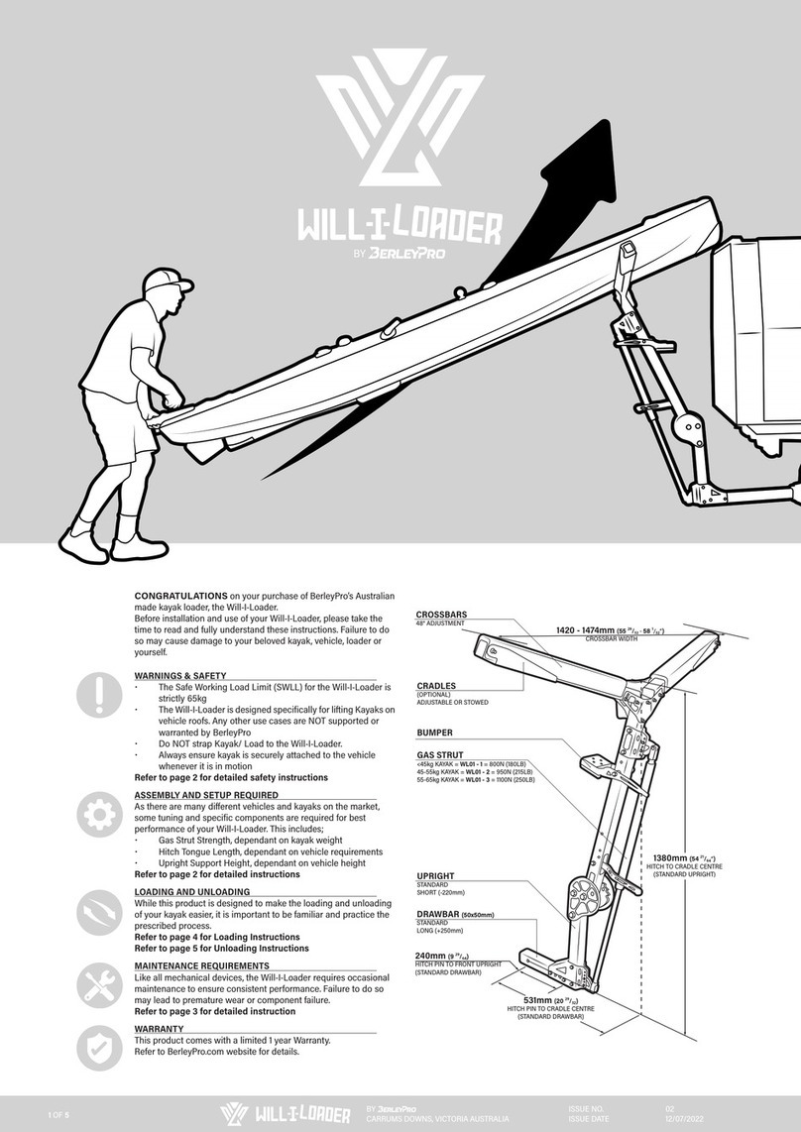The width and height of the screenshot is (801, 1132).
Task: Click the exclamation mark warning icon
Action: coord(99,695)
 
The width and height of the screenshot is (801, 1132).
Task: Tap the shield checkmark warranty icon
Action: coord(99,1050)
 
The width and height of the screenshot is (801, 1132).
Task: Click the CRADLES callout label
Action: coord(437,685)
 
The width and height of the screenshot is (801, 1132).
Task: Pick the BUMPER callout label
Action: coord(434,733)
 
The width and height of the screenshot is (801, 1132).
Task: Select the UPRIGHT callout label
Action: coord(435,876)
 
